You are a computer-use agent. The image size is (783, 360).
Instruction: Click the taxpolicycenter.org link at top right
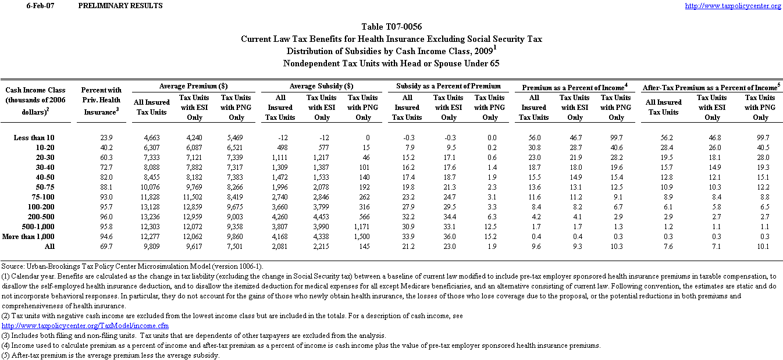[733, 6]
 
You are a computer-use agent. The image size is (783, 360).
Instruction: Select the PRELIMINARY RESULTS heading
[120, 6]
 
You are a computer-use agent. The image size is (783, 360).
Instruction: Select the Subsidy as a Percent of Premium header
[449, 86]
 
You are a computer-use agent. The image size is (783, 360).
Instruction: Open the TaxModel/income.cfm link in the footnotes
[86, 326]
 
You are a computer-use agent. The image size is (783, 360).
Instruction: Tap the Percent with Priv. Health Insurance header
[101, 101]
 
